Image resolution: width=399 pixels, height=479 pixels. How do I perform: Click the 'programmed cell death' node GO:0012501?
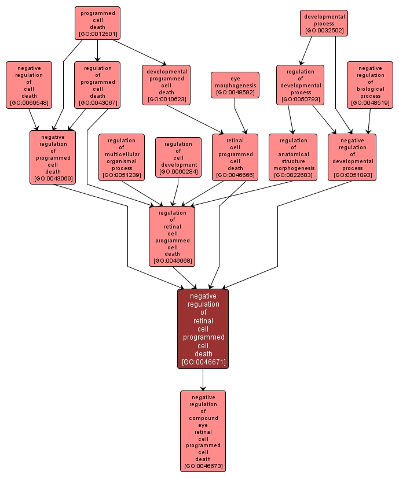97,23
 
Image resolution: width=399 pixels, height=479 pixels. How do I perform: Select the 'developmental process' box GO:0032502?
324,23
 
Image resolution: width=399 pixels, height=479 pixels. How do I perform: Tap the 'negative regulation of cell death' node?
29,85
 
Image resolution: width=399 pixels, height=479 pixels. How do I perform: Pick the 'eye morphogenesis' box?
235,85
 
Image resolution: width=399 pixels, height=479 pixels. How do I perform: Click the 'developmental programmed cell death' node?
166,85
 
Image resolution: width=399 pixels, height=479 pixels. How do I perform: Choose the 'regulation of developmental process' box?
300,85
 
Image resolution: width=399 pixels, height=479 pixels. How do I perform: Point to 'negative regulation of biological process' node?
370,85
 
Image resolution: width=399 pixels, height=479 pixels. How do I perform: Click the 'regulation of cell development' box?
178,157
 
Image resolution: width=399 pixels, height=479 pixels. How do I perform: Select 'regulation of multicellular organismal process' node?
122,157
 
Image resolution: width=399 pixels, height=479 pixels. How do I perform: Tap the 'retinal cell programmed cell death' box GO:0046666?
235,157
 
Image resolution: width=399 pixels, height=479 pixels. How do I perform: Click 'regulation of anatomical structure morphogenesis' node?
293,157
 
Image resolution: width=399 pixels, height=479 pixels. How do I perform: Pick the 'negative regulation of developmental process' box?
352,157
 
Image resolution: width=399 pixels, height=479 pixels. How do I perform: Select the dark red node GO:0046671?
203,329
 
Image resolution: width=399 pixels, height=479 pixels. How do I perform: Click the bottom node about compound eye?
203,431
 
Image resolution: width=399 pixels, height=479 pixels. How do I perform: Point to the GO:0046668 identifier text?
172,261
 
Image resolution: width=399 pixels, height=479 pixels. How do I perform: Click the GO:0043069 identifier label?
53,178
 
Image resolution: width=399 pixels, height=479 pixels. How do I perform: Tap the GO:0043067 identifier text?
97,103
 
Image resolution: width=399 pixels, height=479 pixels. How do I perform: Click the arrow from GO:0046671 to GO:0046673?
203,379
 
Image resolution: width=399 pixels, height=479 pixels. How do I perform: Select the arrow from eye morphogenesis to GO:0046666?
240,116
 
